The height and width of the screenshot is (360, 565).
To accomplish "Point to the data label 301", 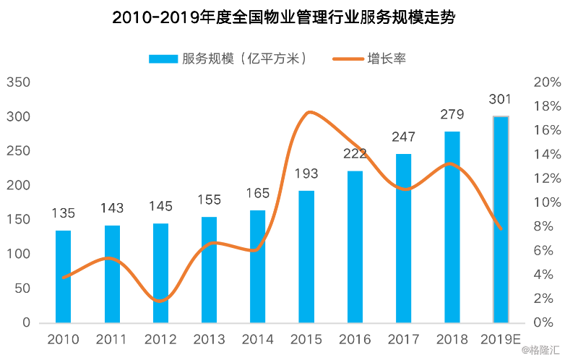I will point(501,99).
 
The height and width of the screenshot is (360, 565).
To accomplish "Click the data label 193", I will point(306,173).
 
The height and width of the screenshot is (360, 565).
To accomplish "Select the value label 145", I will point(160,206).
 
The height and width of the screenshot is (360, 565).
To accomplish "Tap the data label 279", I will point(452,114).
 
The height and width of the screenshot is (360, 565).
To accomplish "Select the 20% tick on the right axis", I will point(546,82).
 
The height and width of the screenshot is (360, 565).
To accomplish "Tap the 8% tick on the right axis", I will point(546,226).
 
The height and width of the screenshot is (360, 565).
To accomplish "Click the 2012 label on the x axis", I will point(160,339).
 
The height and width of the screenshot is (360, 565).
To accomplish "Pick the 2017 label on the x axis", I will point(403,339).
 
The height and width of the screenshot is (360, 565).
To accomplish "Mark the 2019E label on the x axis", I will point(501,339).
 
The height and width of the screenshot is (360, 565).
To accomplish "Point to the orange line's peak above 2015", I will point(309,112).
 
